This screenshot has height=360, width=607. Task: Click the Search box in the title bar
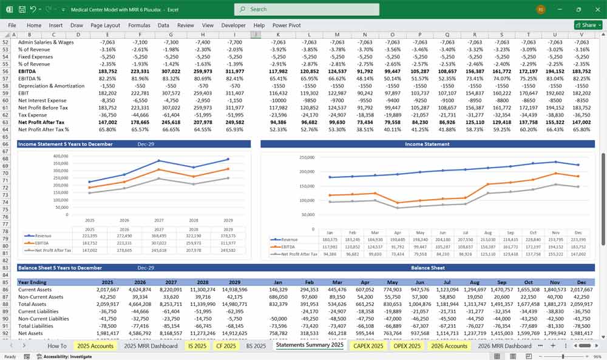307,9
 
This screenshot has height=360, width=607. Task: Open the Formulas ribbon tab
139,25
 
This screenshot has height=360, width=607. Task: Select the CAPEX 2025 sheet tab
368,345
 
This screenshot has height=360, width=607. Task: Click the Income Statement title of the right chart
427,144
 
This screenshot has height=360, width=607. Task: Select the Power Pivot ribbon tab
287,25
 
